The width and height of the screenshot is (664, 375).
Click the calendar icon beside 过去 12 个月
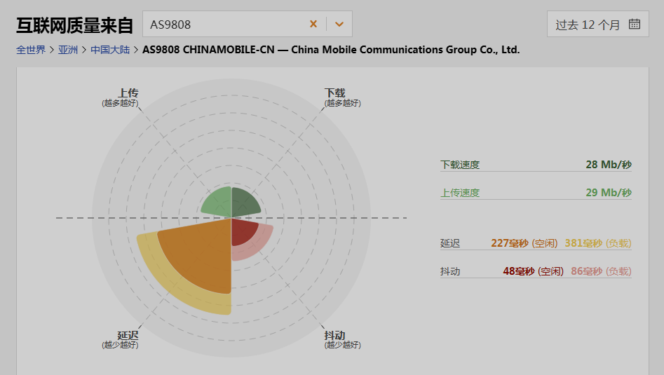click(635, 24)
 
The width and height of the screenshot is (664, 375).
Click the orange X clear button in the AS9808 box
click(313, 24)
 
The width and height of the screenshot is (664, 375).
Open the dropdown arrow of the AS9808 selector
click(339, 24)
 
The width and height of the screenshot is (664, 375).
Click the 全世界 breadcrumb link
click(31, 50)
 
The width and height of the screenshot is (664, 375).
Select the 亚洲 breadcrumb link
click(68, 50)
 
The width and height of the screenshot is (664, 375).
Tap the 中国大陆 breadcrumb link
click(109, 50)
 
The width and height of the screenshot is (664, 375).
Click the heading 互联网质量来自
click(74, 25)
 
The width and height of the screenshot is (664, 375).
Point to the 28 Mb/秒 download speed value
click(608, 165)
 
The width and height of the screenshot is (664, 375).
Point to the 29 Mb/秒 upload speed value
click(608, 193)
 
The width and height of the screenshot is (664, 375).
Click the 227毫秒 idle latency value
click(510, 243)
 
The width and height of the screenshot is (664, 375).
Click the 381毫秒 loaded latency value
click(583, 243)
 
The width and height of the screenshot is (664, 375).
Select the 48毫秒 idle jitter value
click(518, 271)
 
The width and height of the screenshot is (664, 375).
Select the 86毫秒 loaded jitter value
click(586, 271)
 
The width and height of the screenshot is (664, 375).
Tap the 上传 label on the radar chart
click(128, 93)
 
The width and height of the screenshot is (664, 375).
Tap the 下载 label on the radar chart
click(334, 93)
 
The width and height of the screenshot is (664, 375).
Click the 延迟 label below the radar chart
click(128, 335)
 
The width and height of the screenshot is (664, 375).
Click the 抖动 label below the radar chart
click(334, 335)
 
